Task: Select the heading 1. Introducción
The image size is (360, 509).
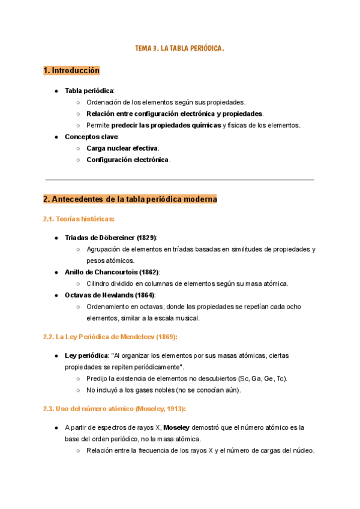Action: pyautogui.click(x=71, y=71)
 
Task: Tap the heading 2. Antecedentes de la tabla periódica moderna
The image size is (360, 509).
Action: pyautogui.click(x=130, y=199)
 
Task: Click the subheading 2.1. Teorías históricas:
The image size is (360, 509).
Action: pyautogui.click(x=79, y=220)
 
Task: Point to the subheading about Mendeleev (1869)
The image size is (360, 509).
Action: pyautogui.click(x=110, y=337)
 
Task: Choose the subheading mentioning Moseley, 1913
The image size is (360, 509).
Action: pyautogui.click(x=115, y=409)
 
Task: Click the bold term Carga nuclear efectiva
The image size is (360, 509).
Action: pyautogui.click(x=122, y=148)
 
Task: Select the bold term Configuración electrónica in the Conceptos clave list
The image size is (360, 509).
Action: pyautogui.click(x=128, y=160)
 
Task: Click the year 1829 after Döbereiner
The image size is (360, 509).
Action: pyautogui.click(x=146, y=238)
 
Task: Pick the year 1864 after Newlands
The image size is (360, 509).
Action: pyautogui.click(x=145, y=295)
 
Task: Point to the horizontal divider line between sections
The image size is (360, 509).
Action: pyautogui.click(x=179, y=179)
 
